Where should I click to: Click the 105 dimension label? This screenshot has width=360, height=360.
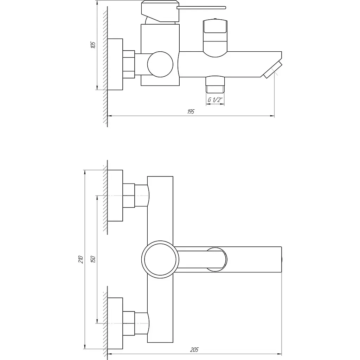tap(93, 45)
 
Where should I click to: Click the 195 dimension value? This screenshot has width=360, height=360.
tap(191, 112)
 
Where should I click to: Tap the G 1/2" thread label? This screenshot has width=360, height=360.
tap(215, 100)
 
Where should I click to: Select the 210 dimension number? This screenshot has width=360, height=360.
tap(81, 259)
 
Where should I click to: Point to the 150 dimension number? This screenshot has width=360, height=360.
tap(93, 259)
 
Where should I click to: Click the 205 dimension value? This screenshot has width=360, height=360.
tap(195, 350)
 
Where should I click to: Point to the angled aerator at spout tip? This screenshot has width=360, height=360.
tap(272, 70)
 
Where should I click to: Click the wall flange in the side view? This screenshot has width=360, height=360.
tap(115, 64)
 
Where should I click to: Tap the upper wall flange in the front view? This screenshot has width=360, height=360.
tap(115, 196)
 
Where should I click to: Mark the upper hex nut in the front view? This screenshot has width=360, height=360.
tap(129, 195)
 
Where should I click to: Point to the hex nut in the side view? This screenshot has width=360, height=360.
tap(129, 64)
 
